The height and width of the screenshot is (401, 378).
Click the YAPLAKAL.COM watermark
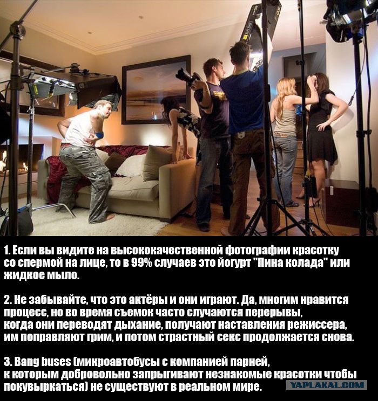pyautogui.click(x=327, y=385)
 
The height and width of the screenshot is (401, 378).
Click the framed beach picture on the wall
pyautogui.click(x=157, y=90)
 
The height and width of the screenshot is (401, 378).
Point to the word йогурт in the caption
pyautogui.click(x=234, y=263)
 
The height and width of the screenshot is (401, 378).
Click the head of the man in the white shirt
pyautogui.click(x=103, y=108)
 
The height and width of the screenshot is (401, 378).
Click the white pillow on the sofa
pyautogui.click(x=131, y=166)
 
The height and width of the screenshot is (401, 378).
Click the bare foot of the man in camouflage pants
pyautogui.click(x=109, y=218)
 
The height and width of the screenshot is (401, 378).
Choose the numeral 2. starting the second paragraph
pyautogui.click(x=8, y=300)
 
